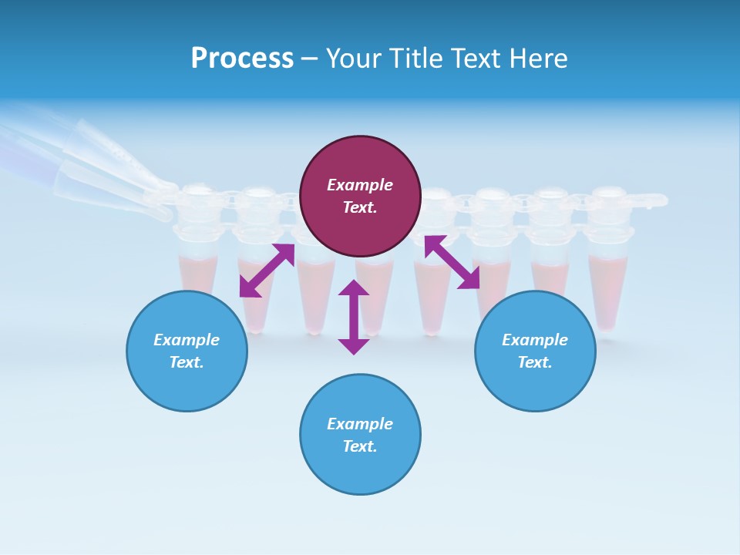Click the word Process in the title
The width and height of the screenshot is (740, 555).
(x=242, y=59)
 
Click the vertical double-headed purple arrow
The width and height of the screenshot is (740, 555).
(x=354, y=317)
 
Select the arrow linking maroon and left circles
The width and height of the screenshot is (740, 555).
(x=267, y=270)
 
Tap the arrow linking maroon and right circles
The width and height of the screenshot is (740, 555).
(x=452, y=262)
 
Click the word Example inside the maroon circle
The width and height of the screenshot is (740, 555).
(x=360, y=185)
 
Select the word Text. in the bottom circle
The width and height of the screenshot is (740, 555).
(x=360, y=446)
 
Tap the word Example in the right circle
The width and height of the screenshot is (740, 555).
(x=535, y=340)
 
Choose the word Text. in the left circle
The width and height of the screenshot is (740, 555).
(x=187, y=362)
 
